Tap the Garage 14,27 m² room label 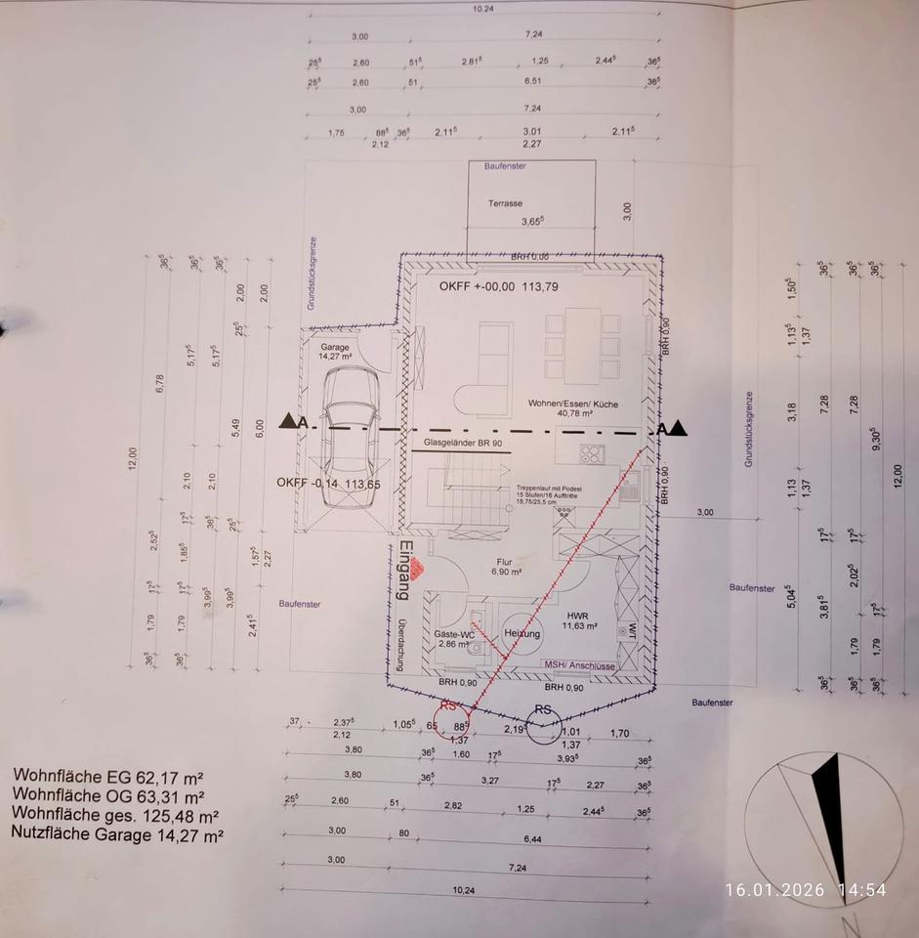335,352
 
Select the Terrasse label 506,204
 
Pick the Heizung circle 522,633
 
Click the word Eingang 401,570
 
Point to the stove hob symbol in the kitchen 591,452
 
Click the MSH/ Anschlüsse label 579,666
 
